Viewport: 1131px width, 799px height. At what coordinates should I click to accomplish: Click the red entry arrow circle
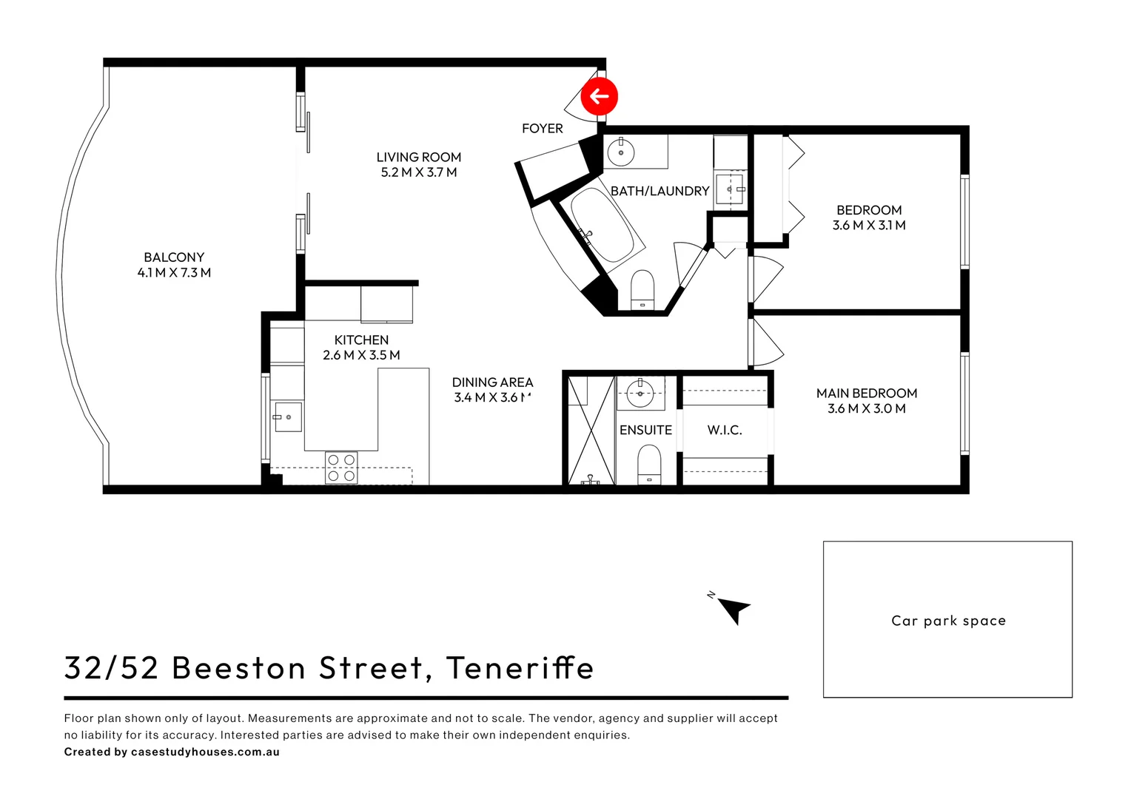tap(599, 96)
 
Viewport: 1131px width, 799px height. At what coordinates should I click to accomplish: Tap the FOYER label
tap(542, 129)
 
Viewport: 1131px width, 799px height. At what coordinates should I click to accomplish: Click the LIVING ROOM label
tap(418, 157)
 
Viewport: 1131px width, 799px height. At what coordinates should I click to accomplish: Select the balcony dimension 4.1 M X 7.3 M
tap(174, 272)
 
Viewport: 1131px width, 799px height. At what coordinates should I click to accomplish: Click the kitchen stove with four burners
tap(341, 468)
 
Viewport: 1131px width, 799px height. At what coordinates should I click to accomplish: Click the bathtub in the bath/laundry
tap(602, 225)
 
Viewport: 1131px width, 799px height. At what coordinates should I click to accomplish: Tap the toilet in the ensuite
tap(649, 464)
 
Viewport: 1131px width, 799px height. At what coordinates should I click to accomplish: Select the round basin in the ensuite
tap(640, 392)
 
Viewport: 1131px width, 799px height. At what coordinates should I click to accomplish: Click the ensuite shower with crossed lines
tap(591, 430)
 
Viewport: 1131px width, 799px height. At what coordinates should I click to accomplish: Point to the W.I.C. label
tap(724, 430)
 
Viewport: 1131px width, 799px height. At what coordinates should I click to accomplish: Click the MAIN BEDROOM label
tap(866, 394)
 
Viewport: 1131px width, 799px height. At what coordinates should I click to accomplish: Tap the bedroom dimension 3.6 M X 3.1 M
tap(869, 225)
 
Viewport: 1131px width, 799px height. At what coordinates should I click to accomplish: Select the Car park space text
tap(947, 621)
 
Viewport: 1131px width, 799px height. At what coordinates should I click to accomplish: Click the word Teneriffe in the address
tap(520, 667)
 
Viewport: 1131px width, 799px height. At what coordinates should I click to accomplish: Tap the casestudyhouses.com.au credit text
tap(205, 752)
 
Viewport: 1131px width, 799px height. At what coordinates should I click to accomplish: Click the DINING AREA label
tap(492, 382)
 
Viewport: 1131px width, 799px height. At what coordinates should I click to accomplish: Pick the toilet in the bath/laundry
tap(642, 289)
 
